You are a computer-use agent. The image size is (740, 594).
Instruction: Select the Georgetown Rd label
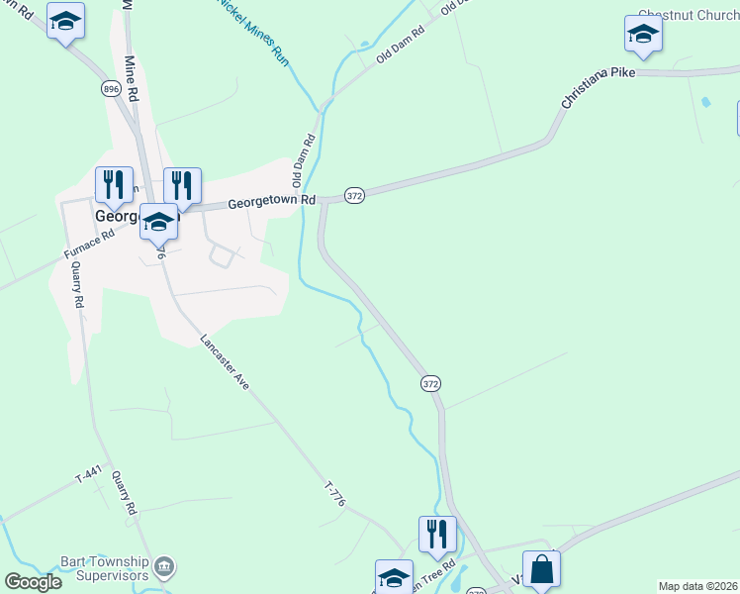coord(271,201)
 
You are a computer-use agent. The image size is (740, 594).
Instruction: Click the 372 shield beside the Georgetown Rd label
coord(356,196)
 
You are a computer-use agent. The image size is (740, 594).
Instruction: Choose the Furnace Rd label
coord(90,244)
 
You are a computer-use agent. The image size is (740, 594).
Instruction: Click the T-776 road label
coord(335,495)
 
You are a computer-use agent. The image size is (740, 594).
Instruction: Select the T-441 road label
coord(89,477)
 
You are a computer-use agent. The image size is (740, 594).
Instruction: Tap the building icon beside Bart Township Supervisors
coord(165,566)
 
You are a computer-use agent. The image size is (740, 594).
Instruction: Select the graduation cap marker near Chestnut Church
coord(643,35)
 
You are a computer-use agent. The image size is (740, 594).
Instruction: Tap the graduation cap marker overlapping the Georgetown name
coord(158,222)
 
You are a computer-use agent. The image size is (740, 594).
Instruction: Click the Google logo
coord(33,582)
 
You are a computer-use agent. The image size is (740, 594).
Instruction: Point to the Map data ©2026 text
coord(697,586)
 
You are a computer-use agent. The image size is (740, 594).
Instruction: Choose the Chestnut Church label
coord(689,15)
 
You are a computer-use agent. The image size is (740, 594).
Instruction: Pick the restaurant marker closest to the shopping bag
coord(437,535)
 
